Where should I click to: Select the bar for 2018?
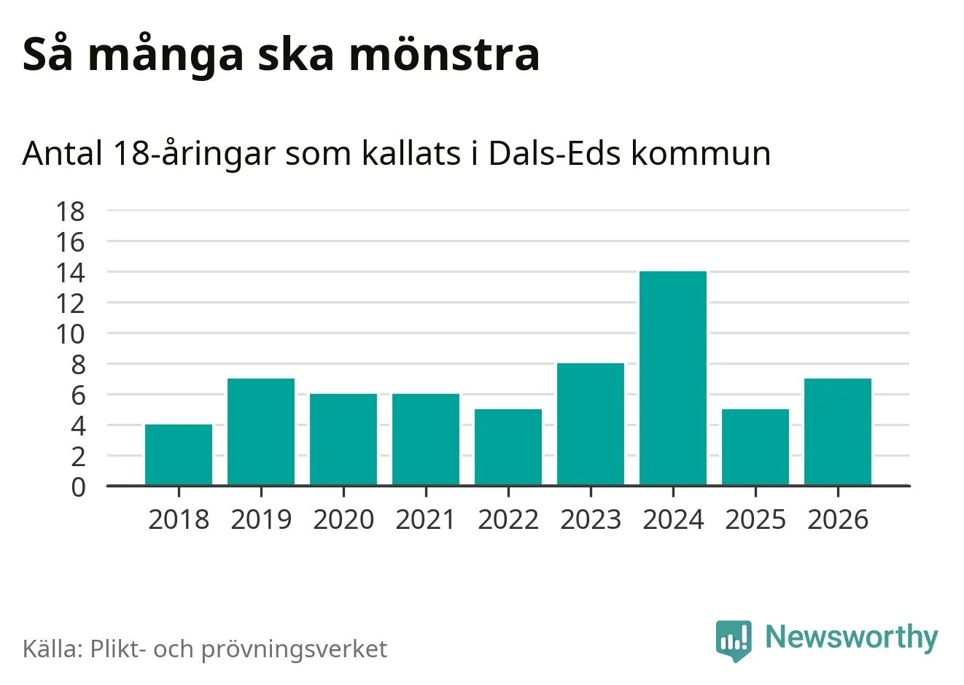(x=179, y=454)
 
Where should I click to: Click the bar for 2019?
(x=261, y=432)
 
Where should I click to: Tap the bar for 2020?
(x=343, y=439)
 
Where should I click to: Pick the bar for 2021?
(x=426, y=439)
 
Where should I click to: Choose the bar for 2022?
(x=508, y=447)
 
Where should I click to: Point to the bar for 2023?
(x=591, y=424)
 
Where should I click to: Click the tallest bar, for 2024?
(x=673, y=378)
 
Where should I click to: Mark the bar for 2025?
(x=755, y=447)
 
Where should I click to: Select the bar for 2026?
(x=838, y=432)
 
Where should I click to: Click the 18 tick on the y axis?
(x=71, y=212)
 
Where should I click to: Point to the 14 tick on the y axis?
(x=71, y=273)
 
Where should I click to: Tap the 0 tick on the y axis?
(x=78, y=487)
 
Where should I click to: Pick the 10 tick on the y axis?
(x=71, y=334)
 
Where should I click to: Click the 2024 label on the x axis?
(x=673, y=519)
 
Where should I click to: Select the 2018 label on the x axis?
(x=179, y=519)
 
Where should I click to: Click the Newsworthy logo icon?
(x=734, y=640)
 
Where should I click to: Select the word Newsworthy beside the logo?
(x=851, y=637)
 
